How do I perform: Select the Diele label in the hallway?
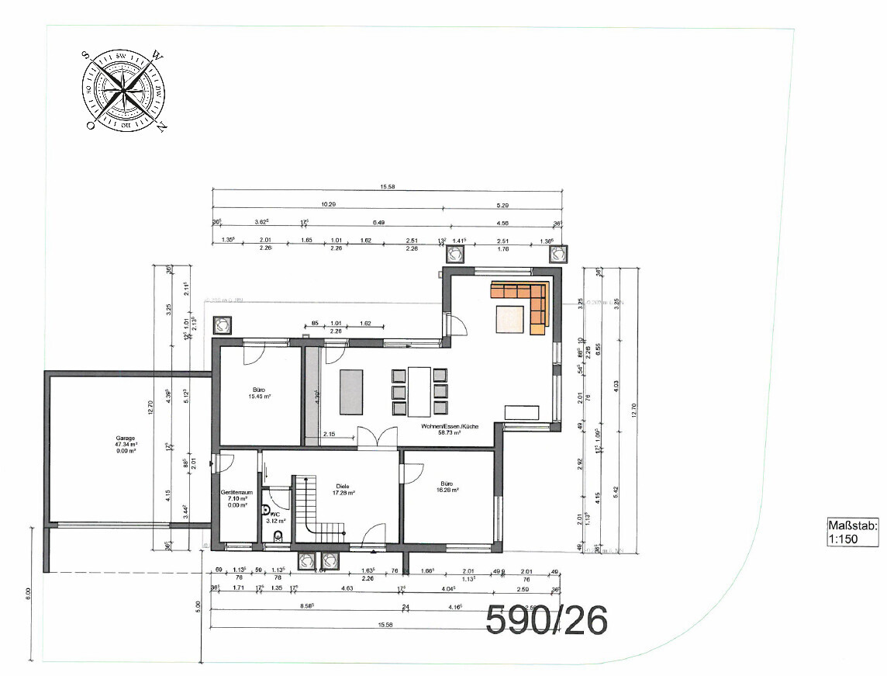pyautogui.click(x=344, y=487)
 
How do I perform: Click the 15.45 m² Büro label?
pyautogui.click(x=258, y=392)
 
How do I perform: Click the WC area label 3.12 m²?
pyautogui.click(x=276, y=521)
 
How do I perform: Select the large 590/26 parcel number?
pyautogui.click(x=546, y=619)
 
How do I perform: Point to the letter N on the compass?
pyautogui.click(x=161, y=127)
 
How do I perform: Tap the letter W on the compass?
pyautogui.click(x=157, y=54)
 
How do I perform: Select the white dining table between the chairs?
pyautogui.click(x=419, y=391)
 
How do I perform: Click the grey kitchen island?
pyautogui.click(x=351, y=391)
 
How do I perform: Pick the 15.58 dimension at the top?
pyautogui.click(x=388, y=187)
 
